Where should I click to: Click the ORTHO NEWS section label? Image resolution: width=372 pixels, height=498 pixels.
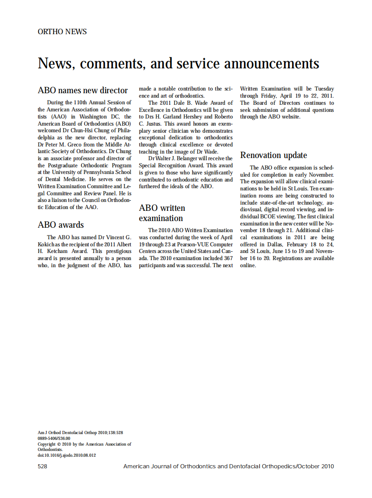(x=62, y=32)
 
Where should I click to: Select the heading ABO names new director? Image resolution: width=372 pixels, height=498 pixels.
(x=83, y=91)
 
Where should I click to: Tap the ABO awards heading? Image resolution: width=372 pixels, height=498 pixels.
(x=61, y=225)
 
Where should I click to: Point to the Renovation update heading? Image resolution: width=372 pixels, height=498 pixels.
(x=273, y=155)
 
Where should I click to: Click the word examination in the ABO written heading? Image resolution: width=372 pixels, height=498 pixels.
(x=161, y=218)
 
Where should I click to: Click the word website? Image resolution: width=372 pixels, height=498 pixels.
(x=290, y=117)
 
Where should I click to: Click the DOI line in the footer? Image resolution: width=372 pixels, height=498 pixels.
(x=67, y=455)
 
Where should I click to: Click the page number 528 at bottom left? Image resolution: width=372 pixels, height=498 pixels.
(x=43, y=466)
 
